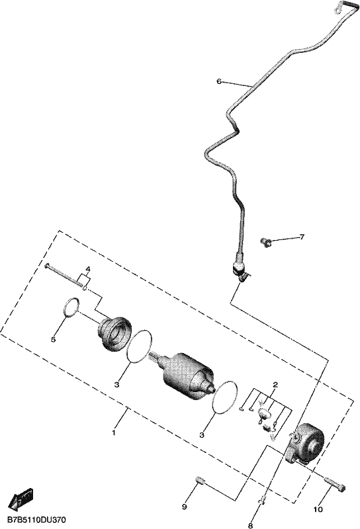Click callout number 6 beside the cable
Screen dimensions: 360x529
(219, 81)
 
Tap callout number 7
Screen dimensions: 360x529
(302, 237)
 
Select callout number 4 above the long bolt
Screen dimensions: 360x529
(88, 269)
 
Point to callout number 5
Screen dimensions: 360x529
(53, 339)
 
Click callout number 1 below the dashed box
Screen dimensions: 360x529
(114, 432)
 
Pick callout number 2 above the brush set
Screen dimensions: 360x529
(275, 385)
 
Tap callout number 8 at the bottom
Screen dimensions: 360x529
(250, 525)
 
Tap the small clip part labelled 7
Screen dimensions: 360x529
(265, 241)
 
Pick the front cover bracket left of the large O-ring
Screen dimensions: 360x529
(115, 332)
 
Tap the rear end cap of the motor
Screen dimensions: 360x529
(306, 441)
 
